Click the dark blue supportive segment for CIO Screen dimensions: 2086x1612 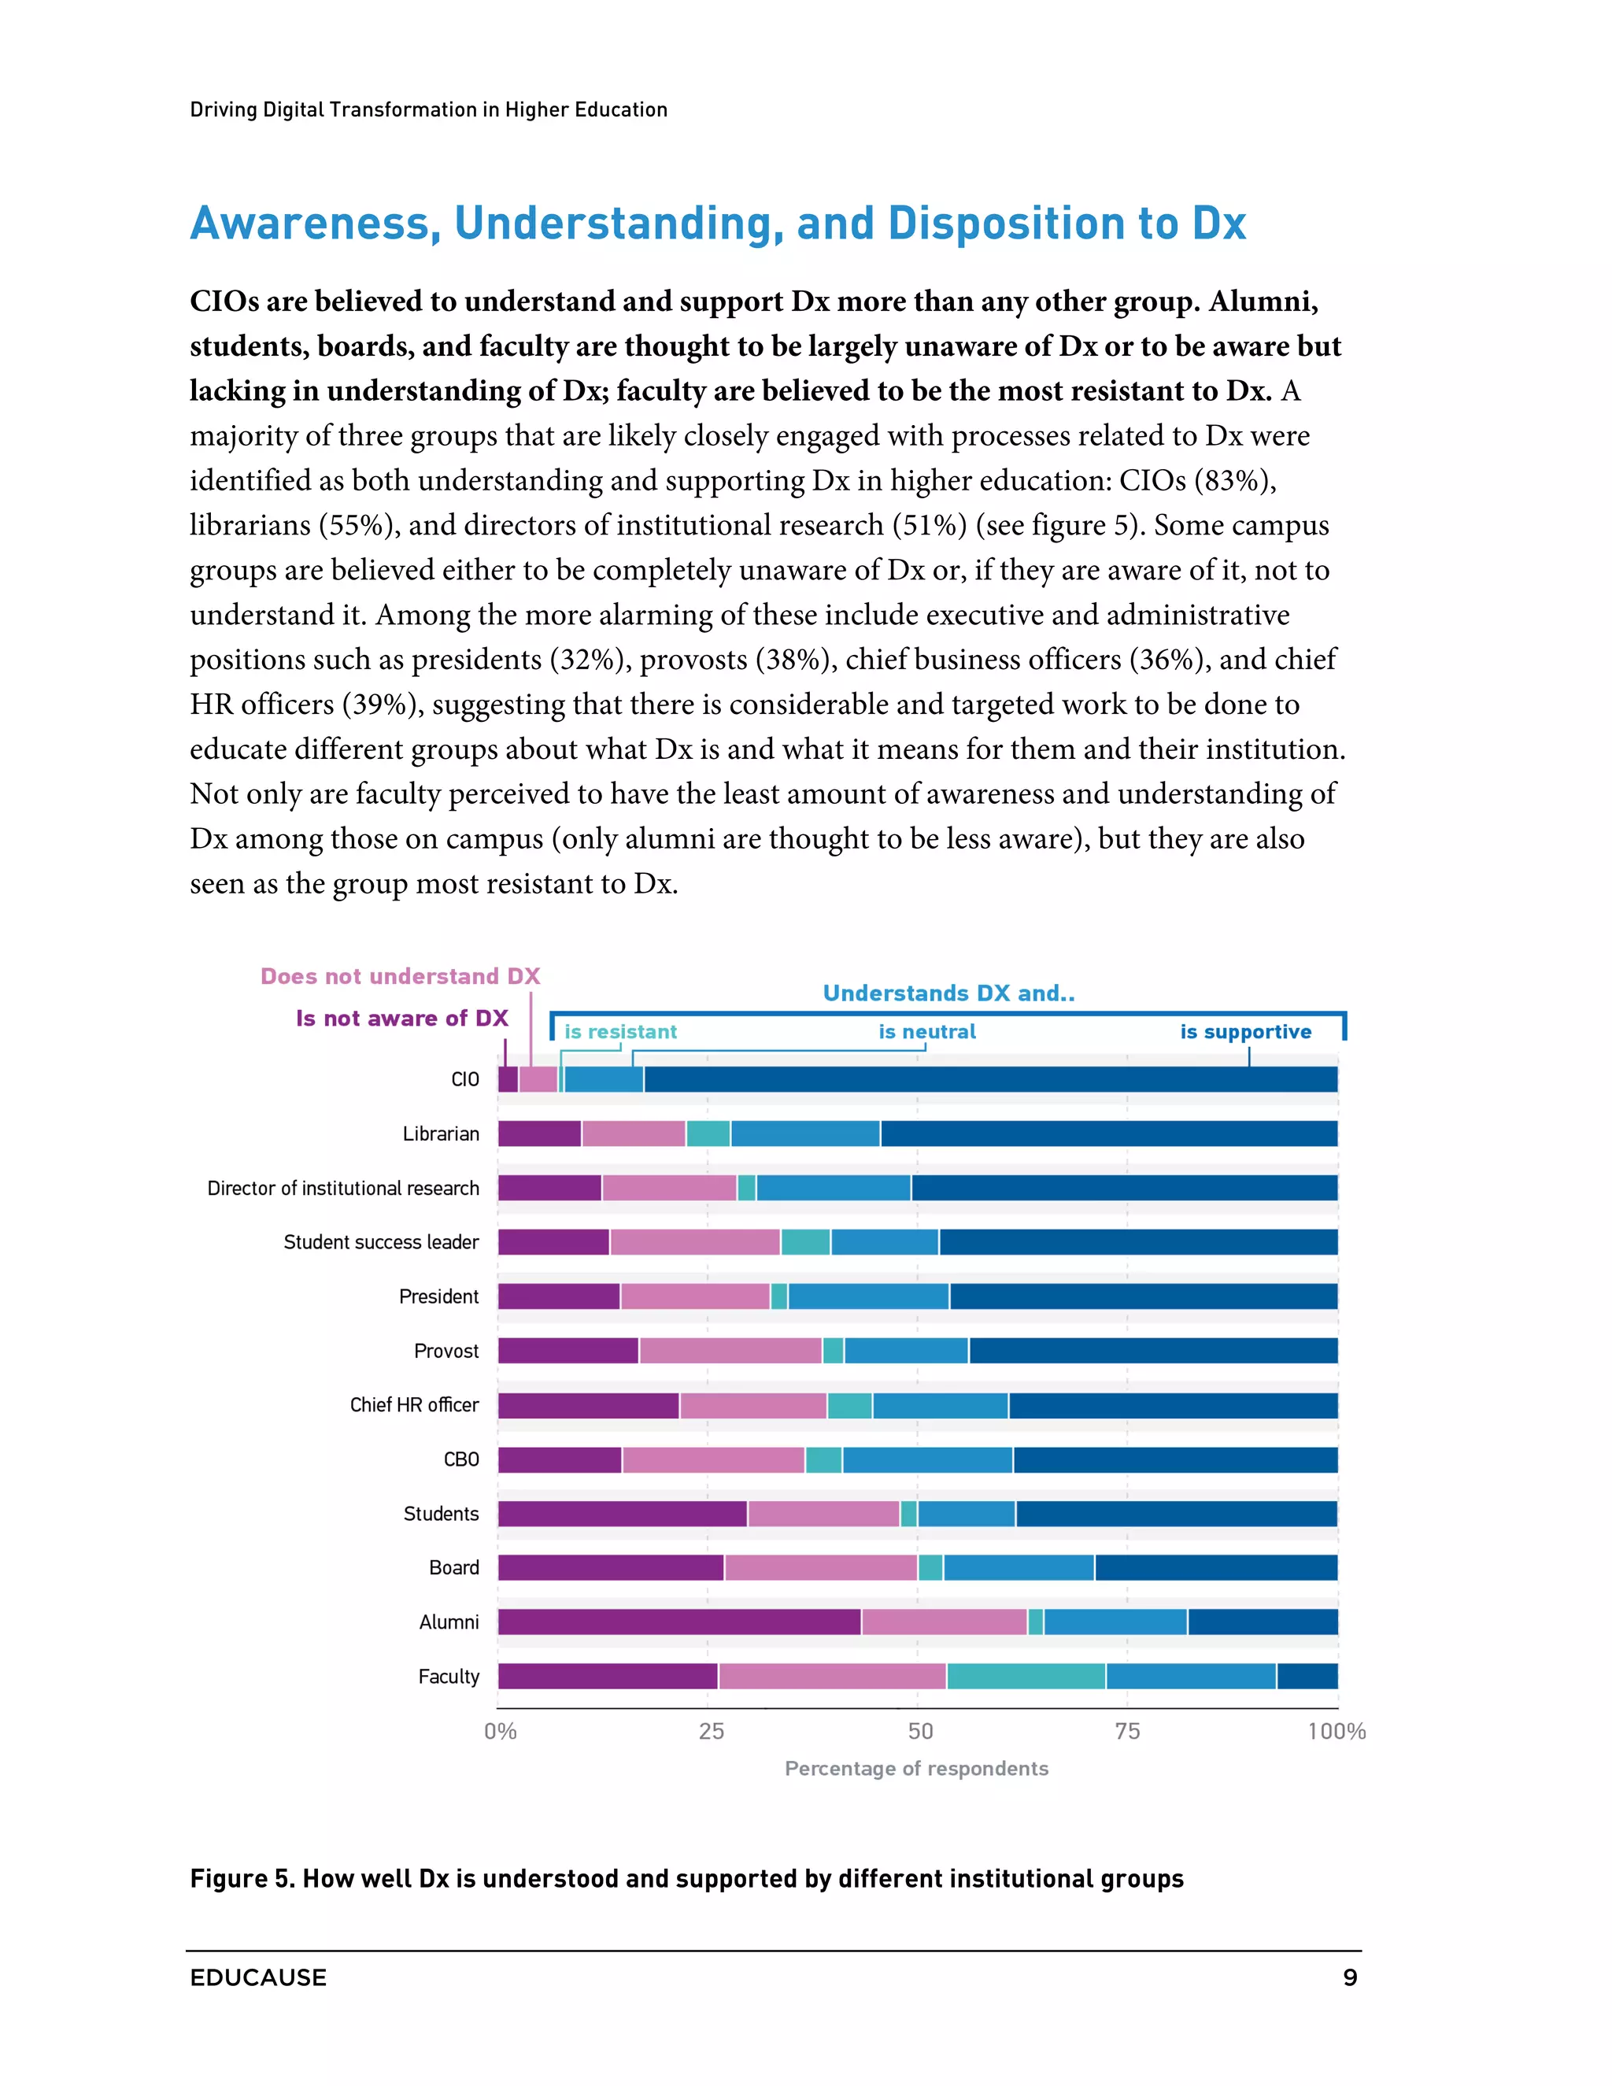coord(990,1079)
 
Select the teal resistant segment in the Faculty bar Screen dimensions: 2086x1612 coord(1026,1676)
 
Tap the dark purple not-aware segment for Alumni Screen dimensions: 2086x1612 coord(679,1622)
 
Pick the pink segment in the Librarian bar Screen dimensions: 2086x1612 coord(633,1134)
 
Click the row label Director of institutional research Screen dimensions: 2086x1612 coord(343,1188)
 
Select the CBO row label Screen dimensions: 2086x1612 coord(460,1459)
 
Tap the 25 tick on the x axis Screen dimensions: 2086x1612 coord(711,1732)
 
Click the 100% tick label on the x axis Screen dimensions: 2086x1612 coord(1336,1732)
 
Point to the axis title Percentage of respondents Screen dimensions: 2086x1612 coord(916,1769)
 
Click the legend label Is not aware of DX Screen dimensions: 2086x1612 coord(401,1018)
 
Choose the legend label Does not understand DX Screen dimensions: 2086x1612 coord(400,976)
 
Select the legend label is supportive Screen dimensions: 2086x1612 coord(1245,1031)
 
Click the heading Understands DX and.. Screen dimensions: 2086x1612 coord(948,993)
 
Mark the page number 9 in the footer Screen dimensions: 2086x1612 coord(1349,1977)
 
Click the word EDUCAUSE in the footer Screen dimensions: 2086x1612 coord(258,1977)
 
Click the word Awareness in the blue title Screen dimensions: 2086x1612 coord(315,224)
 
